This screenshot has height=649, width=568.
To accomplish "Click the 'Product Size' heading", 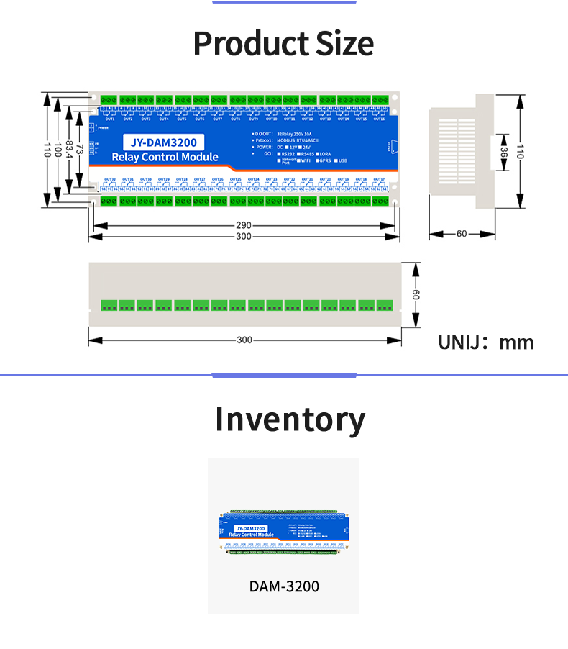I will click(x=283, y=44).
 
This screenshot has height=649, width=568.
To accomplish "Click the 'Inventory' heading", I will click(x=290, y=419).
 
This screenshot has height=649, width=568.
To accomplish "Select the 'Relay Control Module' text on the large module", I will click(x=165, y=157).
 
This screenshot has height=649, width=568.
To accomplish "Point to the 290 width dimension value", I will click(x=244, y=226).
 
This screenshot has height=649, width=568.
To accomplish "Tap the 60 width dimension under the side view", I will click(x=461, y=234).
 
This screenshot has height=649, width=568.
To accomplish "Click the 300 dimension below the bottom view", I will click(x=244, y=340).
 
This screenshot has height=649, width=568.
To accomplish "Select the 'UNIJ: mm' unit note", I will click(x=486, y=342).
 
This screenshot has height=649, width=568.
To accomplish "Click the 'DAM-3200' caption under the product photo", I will click(x=284, y=586).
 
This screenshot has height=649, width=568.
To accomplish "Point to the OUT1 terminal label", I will click(x=110, y=119).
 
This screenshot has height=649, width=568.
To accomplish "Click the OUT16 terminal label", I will click(x=379, y=119).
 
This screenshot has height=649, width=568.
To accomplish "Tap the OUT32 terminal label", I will click(x=110, y=179).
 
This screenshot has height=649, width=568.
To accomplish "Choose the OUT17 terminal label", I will click(x=379, y=179).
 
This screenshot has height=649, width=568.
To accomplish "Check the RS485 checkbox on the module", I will click(x=299, y=153).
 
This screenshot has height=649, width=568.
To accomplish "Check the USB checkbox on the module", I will click(x=335, y=160).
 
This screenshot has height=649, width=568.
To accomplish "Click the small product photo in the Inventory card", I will click(x=284, y=532).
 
